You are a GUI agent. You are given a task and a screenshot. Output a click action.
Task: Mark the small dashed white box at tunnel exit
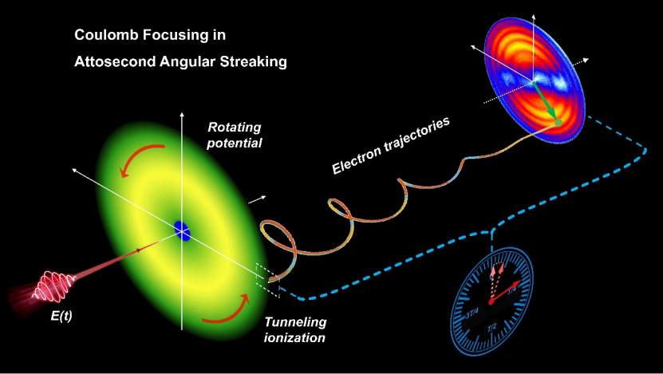267,278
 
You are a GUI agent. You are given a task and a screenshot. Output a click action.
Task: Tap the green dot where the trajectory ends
559,122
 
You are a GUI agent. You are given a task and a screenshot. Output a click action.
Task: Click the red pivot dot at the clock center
492,301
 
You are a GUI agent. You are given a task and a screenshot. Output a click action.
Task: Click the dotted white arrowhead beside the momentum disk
590,60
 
